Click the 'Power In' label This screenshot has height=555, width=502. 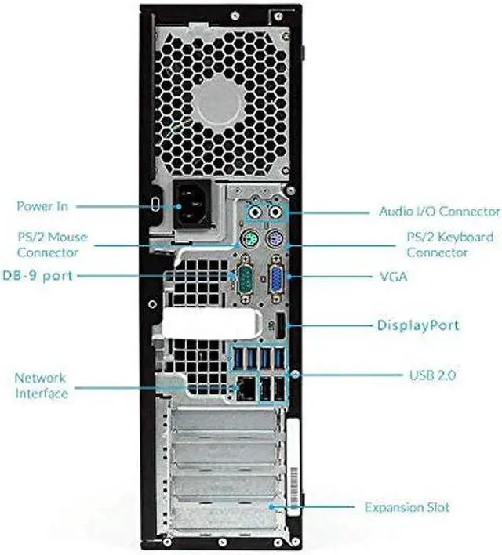(x=42, y=206)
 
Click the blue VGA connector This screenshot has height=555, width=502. (x=277, y=278)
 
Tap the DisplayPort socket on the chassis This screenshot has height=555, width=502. (x=278, y=325)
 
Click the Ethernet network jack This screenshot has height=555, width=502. (x=246, y=386)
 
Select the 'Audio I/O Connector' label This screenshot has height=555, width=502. (x=438, y=212)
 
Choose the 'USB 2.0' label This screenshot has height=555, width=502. (x=432, y=375)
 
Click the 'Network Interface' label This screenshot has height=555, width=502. (x=41, y=386)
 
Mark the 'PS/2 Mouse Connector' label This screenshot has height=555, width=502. (x=52, y=244)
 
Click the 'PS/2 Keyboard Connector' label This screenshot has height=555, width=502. (x=449, y=244)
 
